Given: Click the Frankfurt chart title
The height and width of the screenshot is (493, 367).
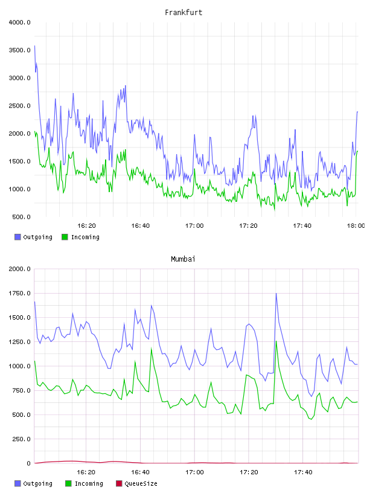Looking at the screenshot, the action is tap(183, 13).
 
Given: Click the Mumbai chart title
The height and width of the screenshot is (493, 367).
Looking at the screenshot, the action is tap(183, 259).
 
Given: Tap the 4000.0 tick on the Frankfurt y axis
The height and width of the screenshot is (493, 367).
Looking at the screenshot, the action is tap(19, 22).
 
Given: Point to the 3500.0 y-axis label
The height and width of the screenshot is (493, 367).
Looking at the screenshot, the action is tap(19, 50).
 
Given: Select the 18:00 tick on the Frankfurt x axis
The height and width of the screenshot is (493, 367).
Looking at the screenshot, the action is tap(356, 226).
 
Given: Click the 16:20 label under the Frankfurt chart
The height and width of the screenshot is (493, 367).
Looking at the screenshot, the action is tap(86, 226).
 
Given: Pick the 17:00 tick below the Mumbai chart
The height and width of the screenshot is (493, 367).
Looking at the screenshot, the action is tap(194, 472).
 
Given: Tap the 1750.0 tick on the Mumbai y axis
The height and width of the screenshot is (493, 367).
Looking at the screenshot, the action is tap(19, 294).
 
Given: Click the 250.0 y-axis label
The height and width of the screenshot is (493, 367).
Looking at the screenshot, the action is tap(21, 439).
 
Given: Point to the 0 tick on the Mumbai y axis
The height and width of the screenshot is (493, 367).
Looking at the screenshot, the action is tap(28, 463).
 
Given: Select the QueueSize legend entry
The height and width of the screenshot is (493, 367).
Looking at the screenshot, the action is tap(136, 483).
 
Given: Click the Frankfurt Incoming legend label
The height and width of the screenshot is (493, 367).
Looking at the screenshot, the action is tap(85, 237).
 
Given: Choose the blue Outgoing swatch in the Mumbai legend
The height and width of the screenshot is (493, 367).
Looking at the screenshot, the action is tap(18, 483).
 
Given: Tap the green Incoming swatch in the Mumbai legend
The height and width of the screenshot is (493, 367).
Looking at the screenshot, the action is tap(68, 483).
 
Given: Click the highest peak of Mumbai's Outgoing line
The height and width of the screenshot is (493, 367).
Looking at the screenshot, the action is tap(276, 294).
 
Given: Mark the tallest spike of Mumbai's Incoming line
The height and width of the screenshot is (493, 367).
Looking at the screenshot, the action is tap(276, 341).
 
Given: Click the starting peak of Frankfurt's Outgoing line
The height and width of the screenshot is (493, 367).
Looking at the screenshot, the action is tap(34, 46).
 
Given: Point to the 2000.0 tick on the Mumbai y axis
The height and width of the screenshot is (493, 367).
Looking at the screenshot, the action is tap(19, 269).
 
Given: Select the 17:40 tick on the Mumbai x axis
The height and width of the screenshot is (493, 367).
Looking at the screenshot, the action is tap(303, 472).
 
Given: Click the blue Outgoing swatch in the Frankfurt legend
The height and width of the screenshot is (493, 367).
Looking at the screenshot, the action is tap(18, 237).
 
